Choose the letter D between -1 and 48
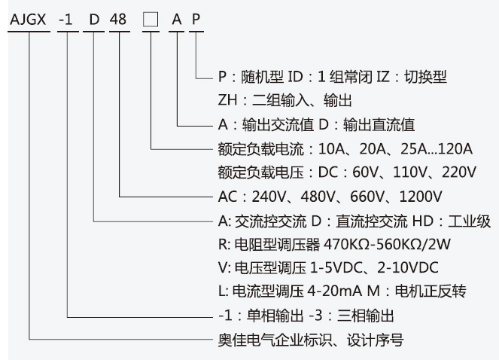(94, 20)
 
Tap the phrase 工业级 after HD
(472, 221)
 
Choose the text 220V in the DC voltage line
(458, 172)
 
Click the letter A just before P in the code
(177, 20)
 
